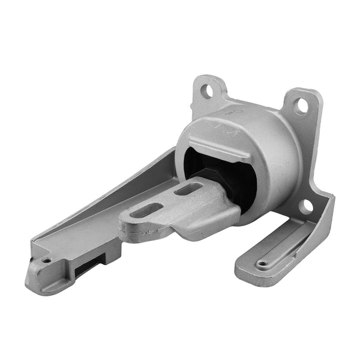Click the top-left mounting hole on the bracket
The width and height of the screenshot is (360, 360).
207,92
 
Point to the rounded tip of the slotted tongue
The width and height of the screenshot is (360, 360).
127,225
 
